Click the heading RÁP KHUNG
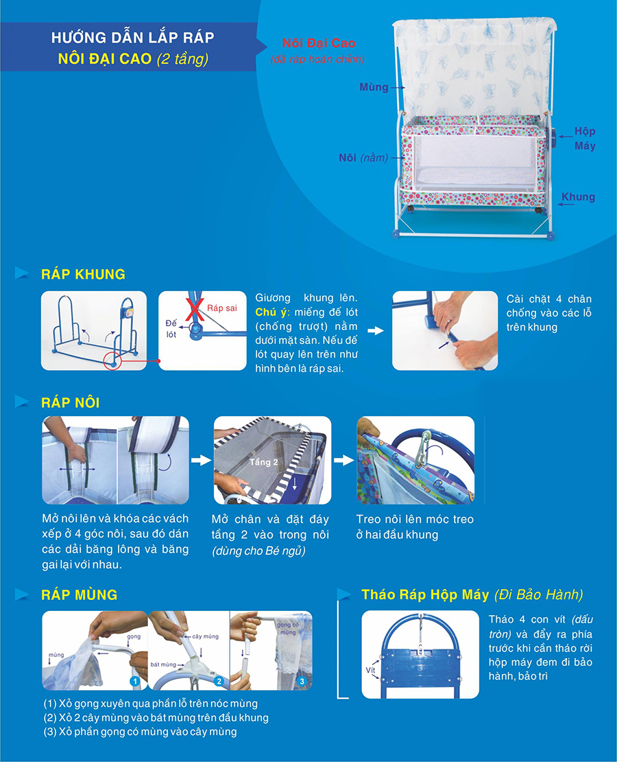[x=83, y=274]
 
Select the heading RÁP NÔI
[x=71, y=402]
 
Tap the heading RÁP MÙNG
[x=79, y=594]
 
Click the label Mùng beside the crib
[x=374, y=87]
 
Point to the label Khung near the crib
[x=578, y=197]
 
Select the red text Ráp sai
[x=222, y=308]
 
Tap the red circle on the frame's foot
[x=112, y=360]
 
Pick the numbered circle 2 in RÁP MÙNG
[x=219, y=681]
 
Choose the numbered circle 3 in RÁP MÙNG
[x=302, y=681]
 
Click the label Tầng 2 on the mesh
[x=264, y=462]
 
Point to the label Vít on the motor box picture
[x=370, y=670]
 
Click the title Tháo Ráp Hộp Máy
[x=425, y=594]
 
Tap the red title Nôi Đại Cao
[x=319, y=43]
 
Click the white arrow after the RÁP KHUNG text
[x=376, y=330]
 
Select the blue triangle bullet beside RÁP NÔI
[x=22, y=402]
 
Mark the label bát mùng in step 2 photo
[x=163, y=665]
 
